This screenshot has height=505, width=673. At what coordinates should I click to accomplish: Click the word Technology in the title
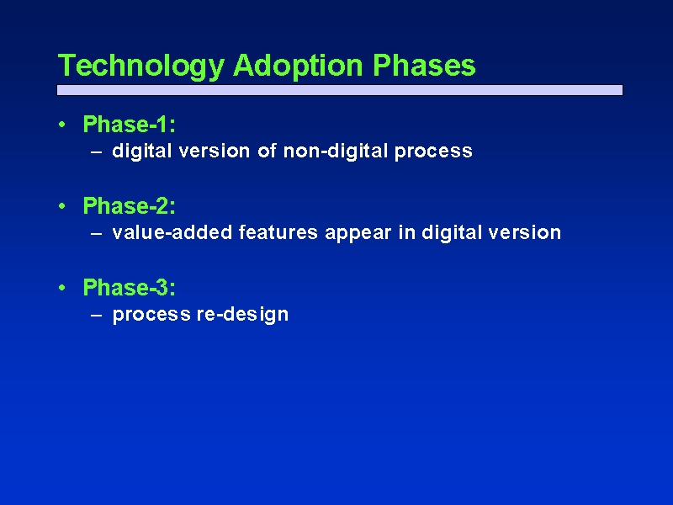point(141,66)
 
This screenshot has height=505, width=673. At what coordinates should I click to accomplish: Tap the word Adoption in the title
point(299,66)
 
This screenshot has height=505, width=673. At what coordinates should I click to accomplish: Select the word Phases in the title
point(424,66)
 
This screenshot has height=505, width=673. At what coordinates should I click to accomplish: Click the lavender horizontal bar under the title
point(340,90)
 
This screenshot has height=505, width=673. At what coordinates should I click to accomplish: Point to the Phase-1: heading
point(130,124)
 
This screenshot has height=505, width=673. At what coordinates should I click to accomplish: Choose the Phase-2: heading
point(130,205)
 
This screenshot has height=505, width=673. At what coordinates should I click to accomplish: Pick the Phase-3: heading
point(130,287)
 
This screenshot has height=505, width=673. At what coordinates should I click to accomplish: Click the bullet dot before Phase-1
point(62,125)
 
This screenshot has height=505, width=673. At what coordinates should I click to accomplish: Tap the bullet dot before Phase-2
point(62,206)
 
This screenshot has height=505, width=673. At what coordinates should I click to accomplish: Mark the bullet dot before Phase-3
point(62,288)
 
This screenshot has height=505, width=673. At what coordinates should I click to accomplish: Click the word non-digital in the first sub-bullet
point(336,151)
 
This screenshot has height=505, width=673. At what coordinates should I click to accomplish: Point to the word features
point(278,232)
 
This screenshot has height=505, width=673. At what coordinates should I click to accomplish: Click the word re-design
point(242,315)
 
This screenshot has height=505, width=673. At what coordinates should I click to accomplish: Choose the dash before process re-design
point(97,315)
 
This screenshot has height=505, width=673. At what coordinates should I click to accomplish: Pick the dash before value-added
point(97,234)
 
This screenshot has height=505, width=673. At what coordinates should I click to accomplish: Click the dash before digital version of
point(97,152)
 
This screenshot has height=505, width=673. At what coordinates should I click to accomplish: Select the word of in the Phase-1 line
point(267,151)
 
